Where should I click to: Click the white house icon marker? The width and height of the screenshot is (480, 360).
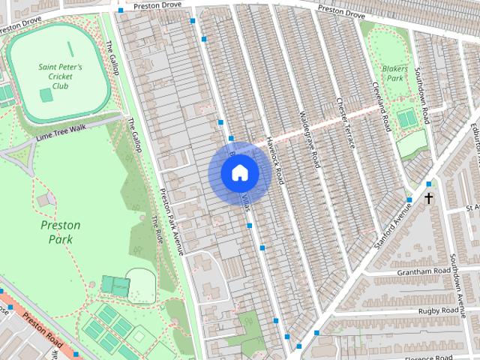coord(239,173)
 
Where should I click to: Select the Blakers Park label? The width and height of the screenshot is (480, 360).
coord(394,72)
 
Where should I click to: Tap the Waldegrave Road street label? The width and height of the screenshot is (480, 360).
coord(310,139)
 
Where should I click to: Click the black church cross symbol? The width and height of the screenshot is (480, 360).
coord(429,199)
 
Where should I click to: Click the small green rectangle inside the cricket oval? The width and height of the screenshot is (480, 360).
coord(46,95)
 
